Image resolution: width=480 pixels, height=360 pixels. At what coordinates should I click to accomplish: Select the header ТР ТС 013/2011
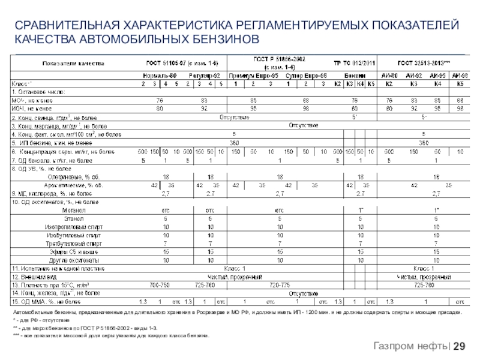point(355,63)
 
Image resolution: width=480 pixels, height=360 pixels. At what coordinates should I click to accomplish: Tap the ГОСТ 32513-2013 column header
point(424,63)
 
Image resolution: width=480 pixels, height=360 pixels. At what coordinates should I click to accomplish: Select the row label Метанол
point(73,211)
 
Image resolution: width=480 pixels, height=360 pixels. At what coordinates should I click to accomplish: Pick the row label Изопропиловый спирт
point(68,227)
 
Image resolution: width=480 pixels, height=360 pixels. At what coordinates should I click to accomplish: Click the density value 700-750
point(159,284)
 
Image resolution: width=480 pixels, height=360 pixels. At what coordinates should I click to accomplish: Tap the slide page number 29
point(460,346)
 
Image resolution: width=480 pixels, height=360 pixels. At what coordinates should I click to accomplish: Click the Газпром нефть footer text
point(410,346)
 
